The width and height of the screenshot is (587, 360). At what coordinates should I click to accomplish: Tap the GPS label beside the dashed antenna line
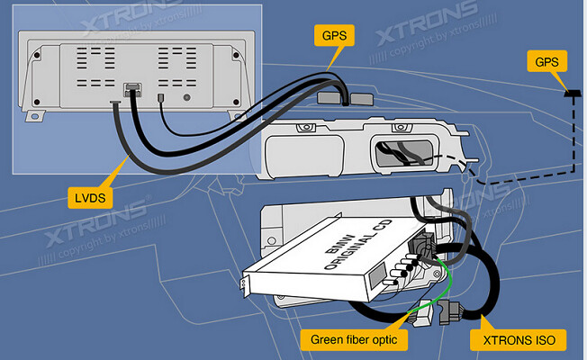tap(546, 62)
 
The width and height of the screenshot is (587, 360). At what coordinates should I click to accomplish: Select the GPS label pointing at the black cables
tap(332, 37)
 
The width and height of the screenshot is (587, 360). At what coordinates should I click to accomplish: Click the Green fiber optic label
tap(353, 339)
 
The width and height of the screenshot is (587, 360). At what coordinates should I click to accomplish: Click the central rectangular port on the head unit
tap(131, 89)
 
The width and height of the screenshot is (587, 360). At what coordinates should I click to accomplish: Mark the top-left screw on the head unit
tap(37, 55)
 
